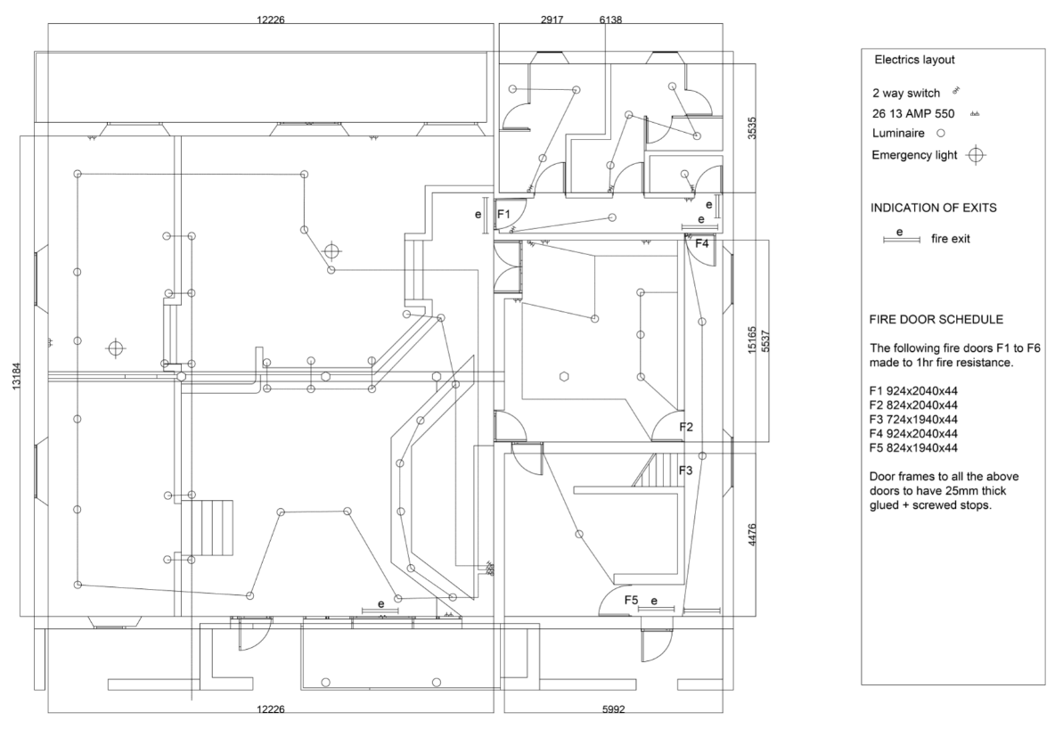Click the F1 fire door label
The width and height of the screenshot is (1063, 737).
503,214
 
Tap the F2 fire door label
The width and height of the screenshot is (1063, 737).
686,427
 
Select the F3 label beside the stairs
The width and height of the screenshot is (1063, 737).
686,471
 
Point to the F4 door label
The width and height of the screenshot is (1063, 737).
701,242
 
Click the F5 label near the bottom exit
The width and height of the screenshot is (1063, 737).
631,600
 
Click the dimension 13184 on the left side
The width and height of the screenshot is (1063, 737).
16,375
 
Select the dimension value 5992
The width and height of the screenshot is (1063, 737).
613,709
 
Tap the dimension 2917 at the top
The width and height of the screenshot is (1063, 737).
552,20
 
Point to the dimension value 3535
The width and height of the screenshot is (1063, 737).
751,129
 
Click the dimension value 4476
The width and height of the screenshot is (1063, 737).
751,536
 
